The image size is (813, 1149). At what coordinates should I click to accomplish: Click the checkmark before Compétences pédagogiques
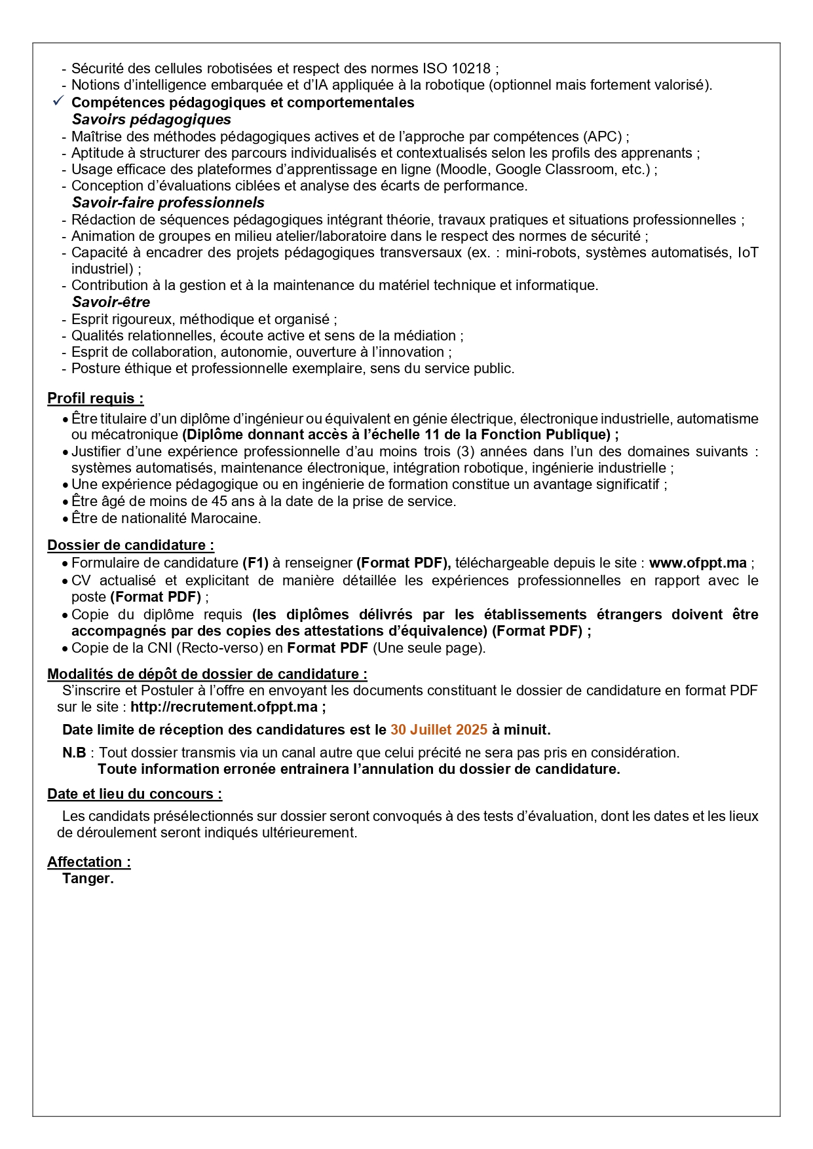[58, 101]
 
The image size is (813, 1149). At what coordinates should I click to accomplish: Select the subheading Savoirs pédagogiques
[151, 119]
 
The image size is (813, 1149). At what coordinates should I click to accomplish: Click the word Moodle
[462, 169]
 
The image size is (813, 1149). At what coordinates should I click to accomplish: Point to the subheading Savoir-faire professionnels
[168, 202]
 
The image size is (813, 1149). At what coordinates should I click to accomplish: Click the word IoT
[747, 252]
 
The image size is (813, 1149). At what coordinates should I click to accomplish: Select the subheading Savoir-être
[111, 302]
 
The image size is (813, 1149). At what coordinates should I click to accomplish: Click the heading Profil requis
[95, 398]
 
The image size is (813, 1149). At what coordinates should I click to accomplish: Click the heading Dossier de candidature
[130, 545]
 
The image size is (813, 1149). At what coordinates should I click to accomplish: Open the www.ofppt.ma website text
[698, 563]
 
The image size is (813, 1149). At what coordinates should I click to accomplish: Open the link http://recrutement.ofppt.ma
[224, 707]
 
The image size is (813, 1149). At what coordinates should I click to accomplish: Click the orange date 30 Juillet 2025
[439, 729]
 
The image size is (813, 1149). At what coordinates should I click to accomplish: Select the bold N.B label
[74, 753]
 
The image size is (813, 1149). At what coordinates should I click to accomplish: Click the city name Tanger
[88, 879]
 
